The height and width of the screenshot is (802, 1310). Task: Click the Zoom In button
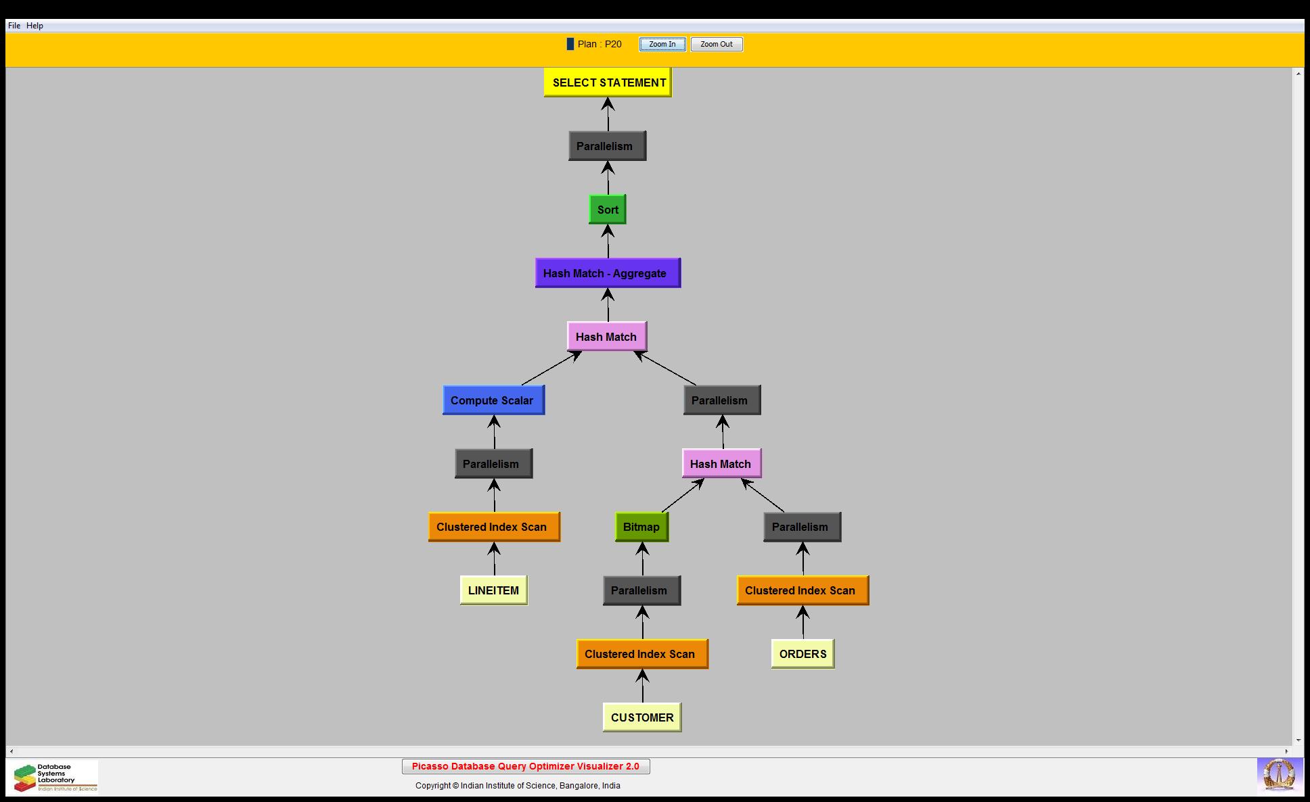662,45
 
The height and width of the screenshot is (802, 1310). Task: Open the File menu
14,26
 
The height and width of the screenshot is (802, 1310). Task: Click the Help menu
35,26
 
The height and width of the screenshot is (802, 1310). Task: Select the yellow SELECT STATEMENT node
608,82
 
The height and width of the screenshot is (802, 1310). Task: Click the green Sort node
608,210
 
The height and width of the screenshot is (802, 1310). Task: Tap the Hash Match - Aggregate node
608,273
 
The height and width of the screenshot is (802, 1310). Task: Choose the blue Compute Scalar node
493,400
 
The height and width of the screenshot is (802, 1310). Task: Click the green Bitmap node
641,527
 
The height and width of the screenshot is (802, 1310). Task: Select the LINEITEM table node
493,590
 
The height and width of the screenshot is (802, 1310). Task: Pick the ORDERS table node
803,654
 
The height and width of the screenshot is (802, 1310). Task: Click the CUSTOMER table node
641,717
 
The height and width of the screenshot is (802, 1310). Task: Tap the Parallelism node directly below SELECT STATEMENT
607,146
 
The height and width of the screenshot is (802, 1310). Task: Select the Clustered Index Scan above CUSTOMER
641,654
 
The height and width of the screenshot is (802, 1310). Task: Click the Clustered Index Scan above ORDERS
803,590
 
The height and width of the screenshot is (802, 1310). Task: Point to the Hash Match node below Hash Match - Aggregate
606,337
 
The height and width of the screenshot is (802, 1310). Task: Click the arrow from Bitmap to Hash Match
682,496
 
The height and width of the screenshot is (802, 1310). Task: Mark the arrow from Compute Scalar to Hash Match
551,369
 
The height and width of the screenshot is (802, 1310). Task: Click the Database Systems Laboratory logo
53,777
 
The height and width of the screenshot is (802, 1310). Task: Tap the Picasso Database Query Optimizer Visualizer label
526,766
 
